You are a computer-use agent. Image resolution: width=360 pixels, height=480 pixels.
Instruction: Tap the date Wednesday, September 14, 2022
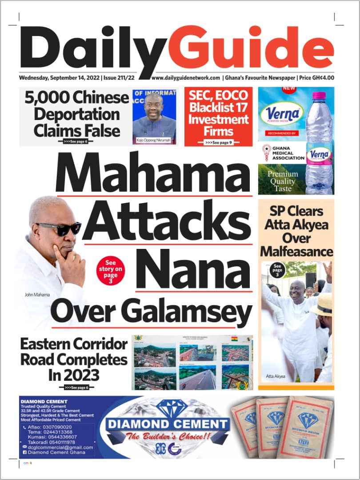(x=60, y=78)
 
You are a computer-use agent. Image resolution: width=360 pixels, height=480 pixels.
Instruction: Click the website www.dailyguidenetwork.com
(x=186, y=78)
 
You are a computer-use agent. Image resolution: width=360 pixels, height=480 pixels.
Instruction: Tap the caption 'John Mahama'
(x=37, y=295)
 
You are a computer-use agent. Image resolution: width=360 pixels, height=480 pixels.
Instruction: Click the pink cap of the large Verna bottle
(x=319, y=96)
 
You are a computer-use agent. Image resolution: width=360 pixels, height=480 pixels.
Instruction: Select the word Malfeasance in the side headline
(x=296, y=252)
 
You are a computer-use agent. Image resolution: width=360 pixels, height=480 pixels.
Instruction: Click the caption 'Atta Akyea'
(x=276, y=377)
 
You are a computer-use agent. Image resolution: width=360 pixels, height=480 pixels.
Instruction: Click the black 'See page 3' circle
(x=277, y=270)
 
